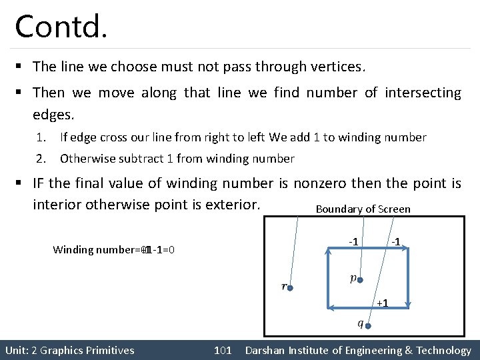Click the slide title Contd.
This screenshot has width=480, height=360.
click(x=61, y=26)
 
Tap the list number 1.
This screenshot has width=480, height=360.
click(x=41, y=137)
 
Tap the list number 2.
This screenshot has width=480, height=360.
click(x=41, y=159)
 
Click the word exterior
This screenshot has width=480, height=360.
click(x=233, y=203)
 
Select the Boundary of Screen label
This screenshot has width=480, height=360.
click(x=363, y=209)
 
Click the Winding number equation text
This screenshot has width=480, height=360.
click(x=113, y=250)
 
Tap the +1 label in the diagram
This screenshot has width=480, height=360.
click(x=382, y=303)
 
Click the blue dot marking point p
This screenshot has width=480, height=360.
click(x=360, y=281)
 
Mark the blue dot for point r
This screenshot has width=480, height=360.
click(x=290, y=287)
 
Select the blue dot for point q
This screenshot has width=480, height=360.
click(x=367, y=326)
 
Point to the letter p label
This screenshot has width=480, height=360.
click(x=353, y=278)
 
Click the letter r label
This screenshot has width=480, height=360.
click(x=284, y=287)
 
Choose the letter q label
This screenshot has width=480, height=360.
click(x=361, y=324)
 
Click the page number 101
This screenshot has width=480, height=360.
click(x=223, y=351)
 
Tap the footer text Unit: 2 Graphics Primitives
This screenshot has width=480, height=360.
click(x=69, y=351)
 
